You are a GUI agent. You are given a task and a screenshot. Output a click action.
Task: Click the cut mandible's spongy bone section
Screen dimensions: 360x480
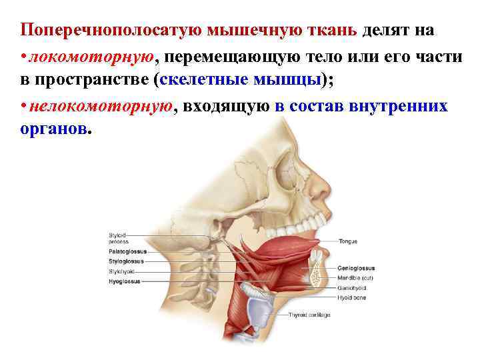pos(316,270)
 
